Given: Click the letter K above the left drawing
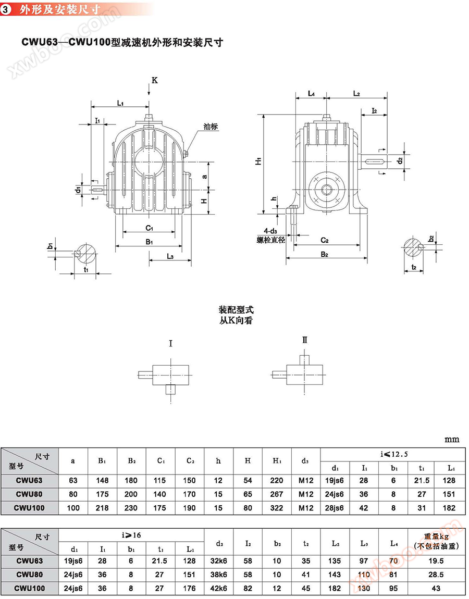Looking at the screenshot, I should (x=154, y=80).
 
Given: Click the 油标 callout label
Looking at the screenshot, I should (x=211, y=127).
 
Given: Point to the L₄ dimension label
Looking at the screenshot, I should (x=311, y=94).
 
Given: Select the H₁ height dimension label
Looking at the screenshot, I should (x=258, y=162).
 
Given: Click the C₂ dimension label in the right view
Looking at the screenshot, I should (x=324, y=240).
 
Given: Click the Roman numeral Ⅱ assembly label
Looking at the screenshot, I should (x=305, y=340).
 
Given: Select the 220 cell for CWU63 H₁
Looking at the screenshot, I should (x=277, y=480).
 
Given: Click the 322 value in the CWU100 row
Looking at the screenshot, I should (x=277, y=508).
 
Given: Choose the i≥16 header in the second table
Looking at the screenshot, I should (x=131, y=535).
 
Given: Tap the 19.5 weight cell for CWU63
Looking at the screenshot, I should (x=436, y=561).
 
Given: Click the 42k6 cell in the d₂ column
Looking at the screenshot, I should (x=218, y=589).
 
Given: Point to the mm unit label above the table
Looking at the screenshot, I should (x=452, y=439).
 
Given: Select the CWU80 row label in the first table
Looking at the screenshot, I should (x=29, y=494).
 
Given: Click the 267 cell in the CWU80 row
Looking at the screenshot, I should (x=277, y=494).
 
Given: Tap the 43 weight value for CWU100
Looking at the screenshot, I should (x=436, y=589).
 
